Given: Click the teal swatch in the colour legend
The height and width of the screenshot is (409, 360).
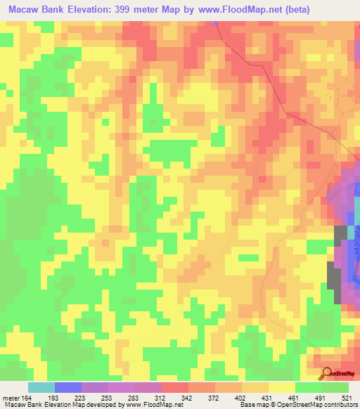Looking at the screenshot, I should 41,387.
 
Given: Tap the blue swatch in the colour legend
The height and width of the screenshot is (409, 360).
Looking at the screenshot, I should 68,387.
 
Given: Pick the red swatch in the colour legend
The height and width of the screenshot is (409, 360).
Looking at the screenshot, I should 175,387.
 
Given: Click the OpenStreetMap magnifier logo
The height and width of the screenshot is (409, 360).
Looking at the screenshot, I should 327,373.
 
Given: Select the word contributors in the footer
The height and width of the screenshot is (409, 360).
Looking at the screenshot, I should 339,405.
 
